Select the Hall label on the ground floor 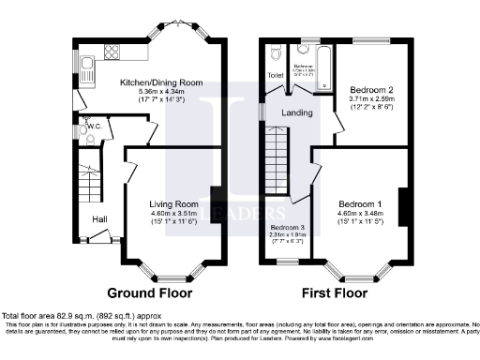tap(98, 219)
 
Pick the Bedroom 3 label tap(288, 228)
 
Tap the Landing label tap(297, 112)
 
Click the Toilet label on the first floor tap(276, 75)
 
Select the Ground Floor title tap(144, 292)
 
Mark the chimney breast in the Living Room tap(217, 201)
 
